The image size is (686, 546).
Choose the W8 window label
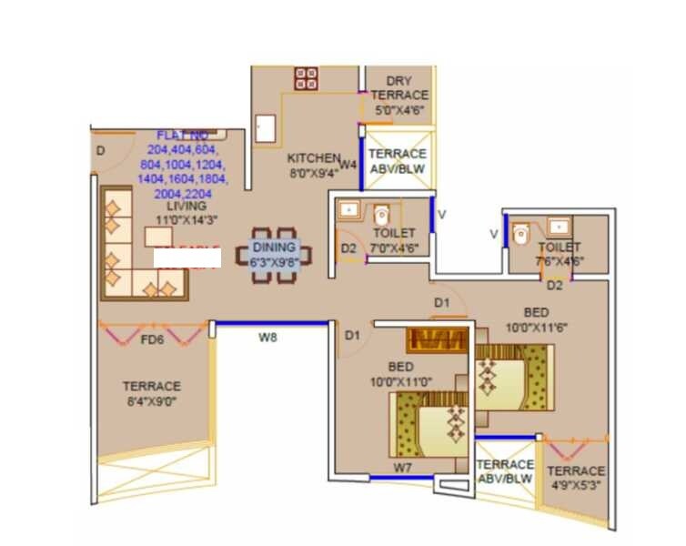click(x=267, y=338)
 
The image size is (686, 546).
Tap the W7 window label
click(x=403, y=468)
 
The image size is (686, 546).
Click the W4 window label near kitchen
click(x=348, y=165)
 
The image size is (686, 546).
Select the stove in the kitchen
click(x=306, y=77)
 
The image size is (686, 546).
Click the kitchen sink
click(x=266, y=127)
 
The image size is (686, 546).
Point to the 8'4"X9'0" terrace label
click(x=151, y=392)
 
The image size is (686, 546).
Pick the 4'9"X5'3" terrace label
click(x=575, y=478)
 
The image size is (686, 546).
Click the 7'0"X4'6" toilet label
click(x=394, y=238)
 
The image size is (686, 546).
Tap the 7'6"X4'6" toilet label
click(x=559, y=254)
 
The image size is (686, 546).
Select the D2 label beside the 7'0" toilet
click(x=348, y=248)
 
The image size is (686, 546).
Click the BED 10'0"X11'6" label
click(x=536, y=318)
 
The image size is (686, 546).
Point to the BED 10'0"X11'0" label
click(x=400, y=374)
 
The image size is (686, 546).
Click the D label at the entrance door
click(x=100, y=150)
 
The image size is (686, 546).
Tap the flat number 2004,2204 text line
click(x=180, y=195)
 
